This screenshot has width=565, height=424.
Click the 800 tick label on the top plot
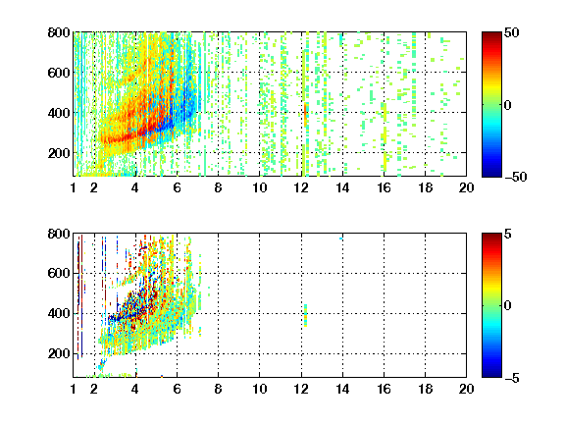click(x=59, y=32)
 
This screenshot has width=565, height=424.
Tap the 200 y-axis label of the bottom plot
click(x=59, y=353)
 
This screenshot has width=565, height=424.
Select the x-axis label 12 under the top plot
click(x=301, y=187)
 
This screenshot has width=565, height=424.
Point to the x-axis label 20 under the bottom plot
click(x=466, y=389)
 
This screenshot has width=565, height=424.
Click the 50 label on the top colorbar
click(x=511, y=32)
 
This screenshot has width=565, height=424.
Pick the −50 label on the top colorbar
click(x=516, y=177)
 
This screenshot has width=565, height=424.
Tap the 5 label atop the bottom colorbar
click(x=508, y=234)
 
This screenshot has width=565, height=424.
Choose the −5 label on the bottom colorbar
click(x=512, y=378)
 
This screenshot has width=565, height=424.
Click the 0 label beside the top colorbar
click(x=508, y=105)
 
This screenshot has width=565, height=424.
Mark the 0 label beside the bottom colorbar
click(x=508, y=306)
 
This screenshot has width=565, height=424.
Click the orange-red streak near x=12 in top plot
click(x=306, y=115)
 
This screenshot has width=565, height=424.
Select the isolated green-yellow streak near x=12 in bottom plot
click(x=306, y=315)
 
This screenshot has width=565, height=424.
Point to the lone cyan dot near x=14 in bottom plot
click(x=341, y=238)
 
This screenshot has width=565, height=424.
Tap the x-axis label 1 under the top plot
click(x=74, y=187)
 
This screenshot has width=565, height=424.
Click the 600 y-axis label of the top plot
click(x=59, y=73)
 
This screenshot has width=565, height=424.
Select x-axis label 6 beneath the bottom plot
click(x=177, y=389)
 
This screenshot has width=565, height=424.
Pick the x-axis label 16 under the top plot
click(x=385, y=187)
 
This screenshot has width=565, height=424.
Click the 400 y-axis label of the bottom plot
click(x=59, y=313)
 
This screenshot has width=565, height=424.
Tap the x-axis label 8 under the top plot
click(x=218, y=187)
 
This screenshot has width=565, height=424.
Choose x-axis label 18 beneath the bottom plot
click(x=425, y=389)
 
